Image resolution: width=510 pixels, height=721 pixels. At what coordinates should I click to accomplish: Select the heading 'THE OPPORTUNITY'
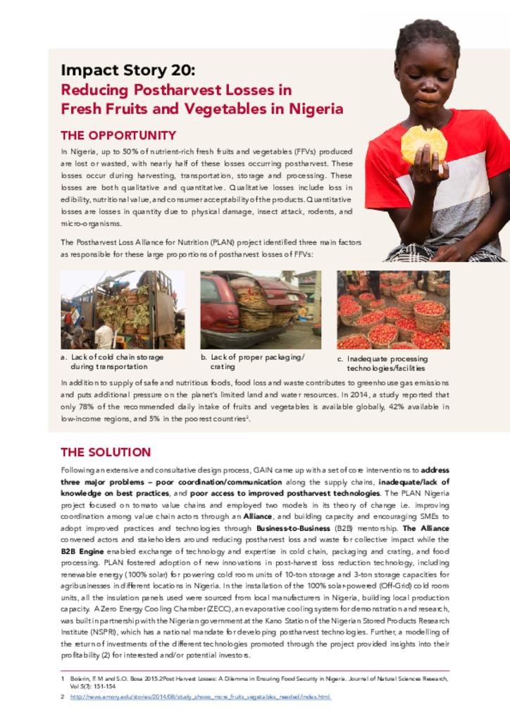coord(118,135)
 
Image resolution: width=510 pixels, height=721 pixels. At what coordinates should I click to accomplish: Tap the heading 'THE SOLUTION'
coord(106,452)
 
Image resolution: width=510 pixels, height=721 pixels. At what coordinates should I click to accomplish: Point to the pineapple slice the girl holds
coord(423,143)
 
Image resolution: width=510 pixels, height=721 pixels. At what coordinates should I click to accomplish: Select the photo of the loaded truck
coord(123,310)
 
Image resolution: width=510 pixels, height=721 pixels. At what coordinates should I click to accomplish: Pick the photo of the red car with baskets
coord(260,310)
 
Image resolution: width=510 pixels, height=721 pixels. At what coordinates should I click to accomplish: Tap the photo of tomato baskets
coord(392,310)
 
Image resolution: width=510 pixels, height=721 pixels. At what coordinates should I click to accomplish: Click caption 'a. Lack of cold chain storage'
coord(113,357)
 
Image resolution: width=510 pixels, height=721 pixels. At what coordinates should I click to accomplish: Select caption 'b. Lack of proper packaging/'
coord(253,357)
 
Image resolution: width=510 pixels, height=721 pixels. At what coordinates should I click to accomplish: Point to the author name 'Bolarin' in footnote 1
coord(80,678)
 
